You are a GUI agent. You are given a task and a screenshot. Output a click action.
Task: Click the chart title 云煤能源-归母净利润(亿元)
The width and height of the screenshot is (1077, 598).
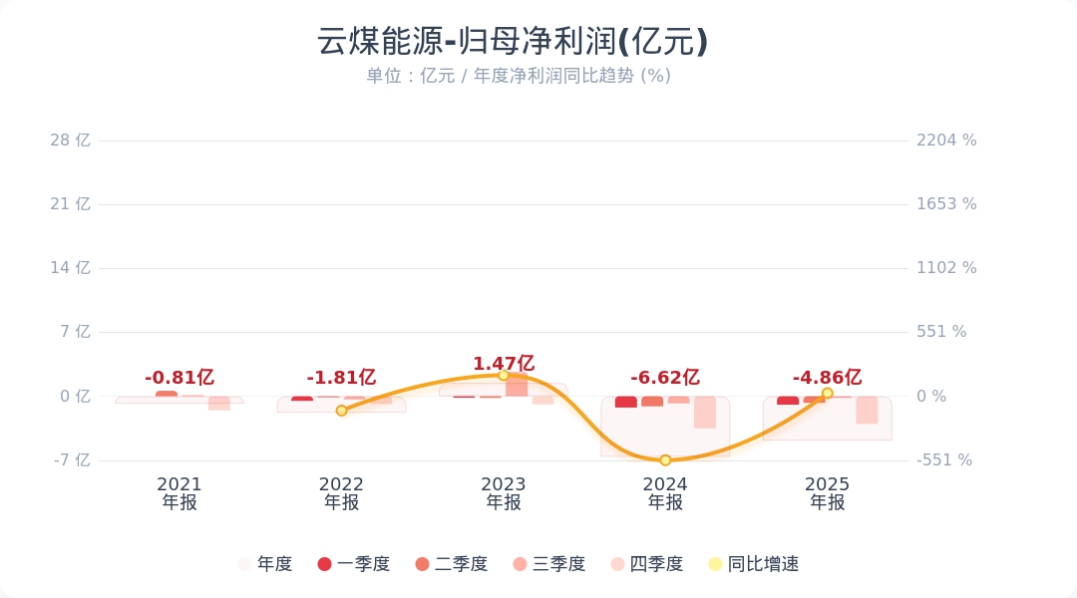513,41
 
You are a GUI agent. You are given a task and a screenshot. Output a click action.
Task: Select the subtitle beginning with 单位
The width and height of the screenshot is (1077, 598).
519,76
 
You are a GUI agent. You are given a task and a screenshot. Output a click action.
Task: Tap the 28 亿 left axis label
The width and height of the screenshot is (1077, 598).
70,141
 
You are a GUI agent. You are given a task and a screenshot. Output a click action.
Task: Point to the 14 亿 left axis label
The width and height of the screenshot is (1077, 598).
70,268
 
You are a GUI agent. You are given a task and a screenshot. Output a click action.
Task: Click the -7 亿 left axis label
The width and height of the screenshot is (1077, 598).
72,460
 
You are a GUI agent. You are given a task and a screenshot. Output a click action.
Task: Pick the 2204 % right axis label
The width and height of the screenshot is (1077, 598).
946,141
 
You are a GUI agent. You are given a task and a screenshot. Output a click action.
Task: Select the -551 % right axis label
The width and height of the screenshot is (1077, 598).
944,460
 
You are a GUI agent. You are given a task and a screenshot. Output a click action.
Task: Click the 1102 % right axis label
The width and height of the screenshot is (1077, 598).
946,268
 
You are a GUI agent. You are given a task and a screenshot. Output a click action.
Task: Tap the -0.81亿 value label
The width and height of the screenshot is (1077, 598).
179,378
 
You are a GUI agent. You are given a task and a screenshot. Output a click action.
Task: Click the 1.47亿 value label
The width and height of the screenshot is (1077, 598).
504,363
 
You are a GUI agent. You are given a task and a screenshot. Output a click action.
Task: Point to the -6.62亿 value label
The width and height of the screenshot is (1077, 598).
665,378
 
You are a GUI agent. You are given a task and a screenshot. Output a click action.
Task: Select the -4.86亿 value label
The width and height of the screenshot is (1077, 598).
827,378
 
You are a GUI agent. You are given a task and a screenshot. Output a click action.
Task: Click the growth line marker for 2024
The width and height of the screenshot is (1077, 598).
665,460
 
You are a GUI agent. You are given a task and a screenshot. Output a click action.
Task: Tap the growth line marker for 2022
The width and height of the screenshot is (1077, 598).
341,411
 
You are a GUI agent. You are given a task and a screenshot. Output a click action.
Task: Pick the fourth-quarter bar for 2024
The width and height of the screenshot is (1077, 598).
705,412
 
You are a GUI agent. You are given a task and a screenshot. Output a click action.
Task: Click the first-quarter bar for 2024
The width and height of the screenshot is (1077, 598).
625,402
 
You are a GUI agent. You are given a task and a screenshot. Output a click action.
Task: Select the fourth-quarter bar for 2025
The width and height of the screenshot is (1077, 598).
867,410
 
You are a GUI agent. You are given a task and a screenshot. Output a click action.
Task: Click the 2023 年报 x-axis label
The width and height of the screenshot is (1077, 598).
504,493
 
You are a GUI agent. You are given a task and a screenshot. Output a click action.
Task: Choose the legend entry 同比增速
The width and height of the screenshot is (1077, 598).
754,564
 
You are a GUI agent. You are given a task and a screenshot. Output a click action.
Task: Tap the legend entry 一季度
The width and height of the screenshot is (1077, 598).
354,564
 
